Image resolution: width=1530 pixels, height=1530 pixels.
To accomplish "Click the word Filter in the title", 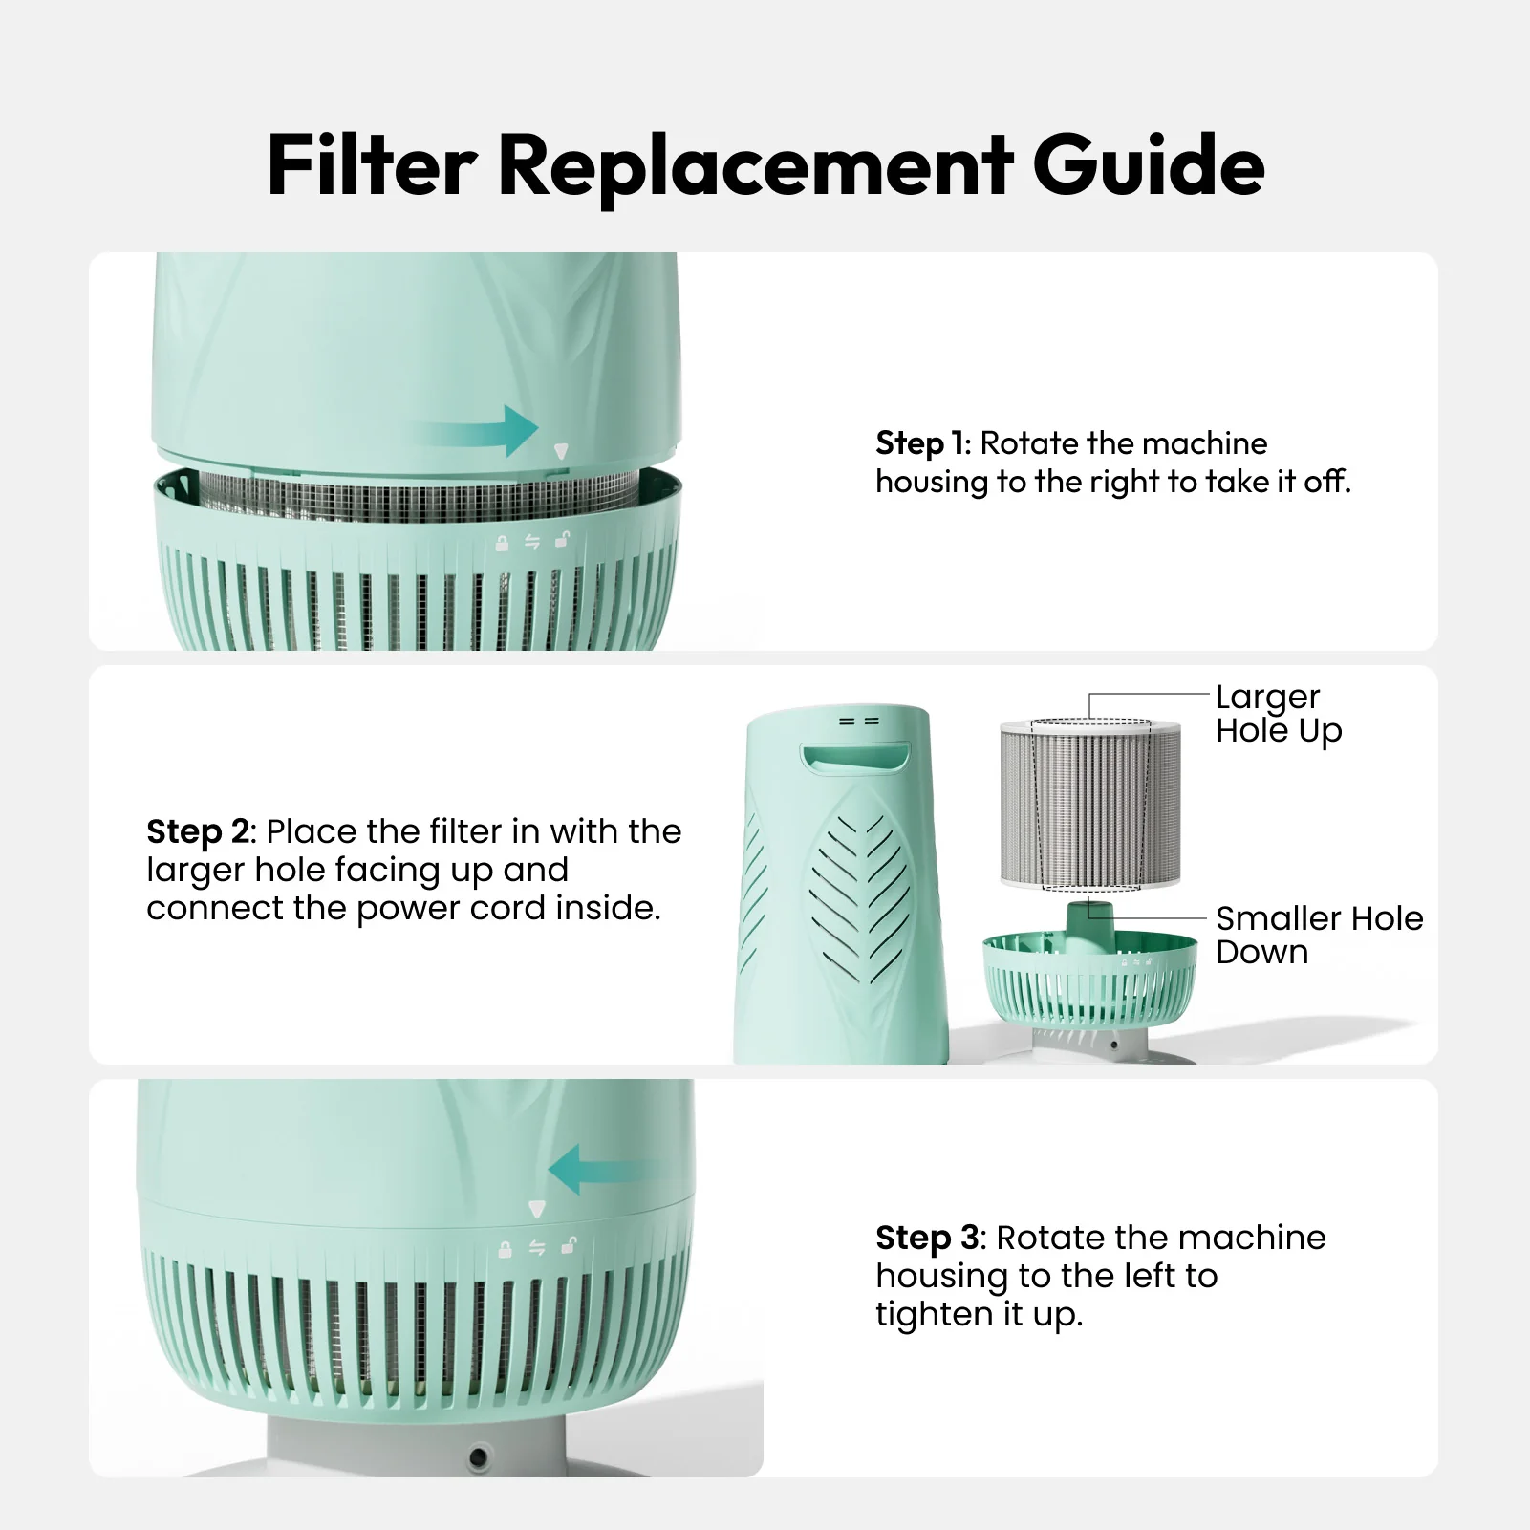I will (371, 165).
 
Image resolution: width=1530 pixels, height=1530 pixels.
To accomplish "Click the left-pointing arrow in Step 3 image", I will (602, 1171).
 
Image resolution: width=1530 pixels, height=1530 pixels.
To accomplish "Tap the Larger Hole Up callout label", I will (1278, 714).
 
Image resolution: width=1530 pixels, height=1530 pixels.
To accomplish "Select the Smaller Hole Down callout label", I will (1318, 935).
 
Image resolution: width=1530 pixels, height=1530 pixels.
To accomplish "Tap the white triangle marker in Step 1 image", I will (561, 452).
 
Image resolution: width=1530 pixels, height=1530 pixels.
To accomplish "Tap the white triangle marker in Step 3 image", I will (537, 1210).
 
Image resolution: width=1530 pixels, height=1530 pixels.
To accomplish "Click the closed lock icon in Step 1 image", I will (503, 544).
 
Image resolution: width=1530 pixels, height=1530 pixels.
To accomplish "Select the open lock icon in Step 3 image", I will (569, 1245).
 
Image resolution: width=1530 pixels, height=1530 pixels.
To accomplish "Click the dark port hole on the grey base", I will (478, 1457).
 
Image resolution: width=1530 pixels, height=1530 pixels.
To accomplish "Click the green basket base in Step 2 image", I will (1089, 980).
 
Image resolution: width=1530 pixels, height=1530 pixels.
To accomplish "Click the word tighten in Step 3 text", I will (935, 1315).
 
